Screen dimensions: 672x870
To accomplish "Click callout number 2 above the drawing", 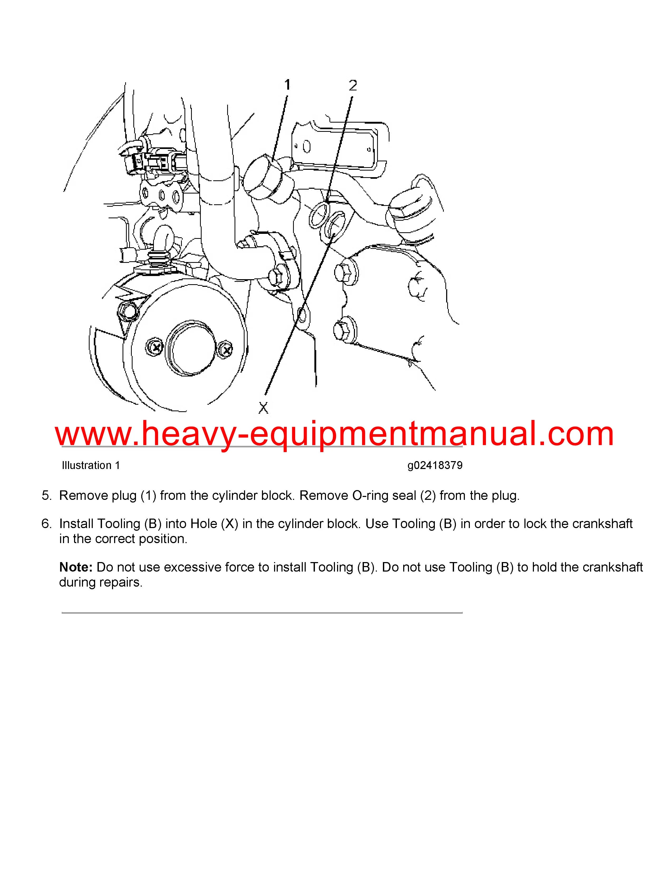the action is (x=353, y=85).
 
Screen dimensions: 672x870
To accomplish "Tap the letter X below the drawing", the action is (x=264, y=408).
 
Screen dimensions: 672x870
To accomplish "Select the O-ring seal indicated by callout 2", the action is (x=320, y=215).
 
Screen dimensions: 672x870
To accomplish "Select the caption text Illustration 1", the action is (x=91, y=465).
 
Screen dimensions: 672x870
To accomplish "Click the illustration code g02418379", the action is (x=435, y=465).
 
